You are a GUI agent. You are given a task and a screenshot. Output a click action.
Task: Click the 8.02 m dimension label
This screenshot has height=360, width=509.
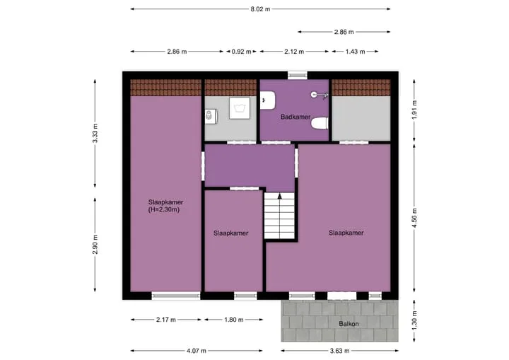point(260,9)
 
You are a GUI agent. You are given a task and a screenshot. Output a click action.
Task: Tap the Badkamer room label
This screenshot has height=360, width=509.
point(296,117)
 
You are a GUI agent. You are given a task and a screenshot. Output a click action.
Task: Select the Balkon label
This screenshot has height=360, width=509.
point(349,324)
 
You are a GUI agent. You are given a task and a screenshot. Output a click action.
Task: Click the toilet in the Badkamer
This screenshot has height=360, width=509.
point(320,123)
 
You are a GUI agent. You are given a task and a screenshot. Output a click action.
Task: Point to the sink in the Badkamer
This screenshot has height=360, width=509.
point(268,100)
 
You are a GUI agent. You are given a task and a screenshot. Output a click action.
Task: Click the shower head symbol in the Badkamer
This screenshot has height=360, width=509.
point(319,95)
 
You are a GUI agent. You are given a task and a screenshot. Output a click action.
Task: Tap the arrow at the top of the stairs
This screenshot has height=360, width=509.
point(279,196)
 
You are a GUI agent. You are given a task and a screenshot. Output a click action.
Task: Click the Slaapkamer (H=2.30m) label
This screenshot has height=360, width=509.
point(165,206)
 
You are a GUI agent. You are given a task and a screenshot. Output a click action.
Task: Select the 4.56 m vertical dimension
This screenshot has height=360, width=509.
point(414,219)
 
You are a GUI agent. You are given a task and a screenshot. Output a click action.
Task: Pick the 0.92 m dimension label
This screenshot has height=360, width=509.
point(241,52)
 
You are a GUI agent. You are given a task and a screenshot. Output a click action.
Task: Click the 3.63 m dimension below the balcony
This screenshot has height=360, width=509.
point(339,351)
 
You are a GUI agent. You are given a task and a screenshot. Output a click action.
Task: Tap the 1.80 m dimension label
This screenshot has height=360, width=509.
point(234,320)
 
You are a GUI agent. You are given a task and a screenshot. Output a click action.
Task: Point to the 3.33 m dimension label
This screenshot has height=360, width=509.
point(95,133)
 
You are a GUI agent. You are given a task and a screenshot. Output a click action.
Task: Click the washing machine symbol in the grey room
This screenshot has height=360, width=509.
point(240,108)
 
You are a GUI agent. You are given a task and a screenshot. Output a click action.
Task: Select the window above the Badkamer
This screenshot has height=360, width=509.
point(298,76)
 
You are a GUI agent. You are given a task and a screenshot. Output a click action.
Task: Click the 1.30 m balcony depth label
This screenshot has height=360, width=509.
point(414,320)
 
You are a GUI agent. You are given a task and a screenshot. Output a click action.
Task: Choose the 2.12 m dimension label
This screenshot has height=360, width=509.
point(294,52)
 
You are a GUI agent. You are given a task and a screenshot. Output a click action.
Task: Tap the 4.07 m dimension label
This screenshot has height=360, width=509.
point(196,351)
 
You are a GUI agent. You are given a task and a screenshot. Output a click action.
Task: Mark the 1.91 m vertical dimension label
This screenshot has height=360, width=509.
point(414,110)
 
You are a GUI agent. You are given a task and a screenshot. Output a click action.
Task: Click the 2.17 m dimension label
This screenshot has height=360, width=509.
point(166,320)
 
